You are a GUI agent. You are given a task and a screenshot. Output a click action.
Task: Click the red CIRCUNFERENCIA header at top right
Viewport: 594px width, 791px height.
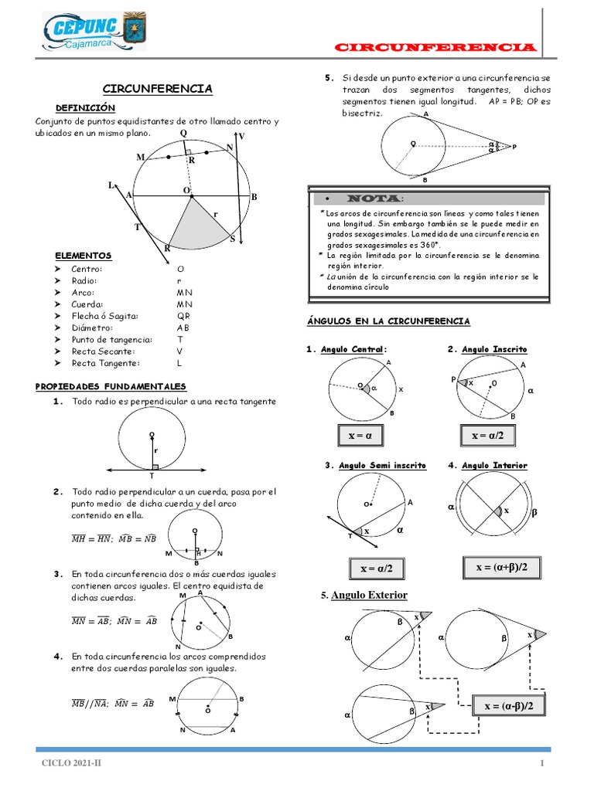coord(435,47)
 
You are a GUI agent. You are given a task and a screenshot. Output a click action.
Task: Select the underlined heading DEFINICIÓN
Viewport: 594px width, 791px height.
coord(85,107)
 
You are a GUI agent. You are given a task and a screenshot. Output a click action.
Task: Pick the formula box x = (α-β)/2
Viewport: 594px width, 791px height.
coord(509,706)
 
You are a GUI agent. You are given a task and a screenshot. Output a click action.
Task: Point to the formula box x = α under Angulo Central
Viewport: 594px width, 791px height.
coord(360,436)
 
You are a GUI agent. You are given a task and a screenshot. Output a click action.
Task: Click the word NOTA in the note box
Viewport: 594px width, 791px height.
coord(374,199)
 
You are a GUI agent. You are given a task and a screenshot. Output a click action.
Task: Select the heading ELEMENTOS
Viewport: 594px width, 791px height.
coord(84,255)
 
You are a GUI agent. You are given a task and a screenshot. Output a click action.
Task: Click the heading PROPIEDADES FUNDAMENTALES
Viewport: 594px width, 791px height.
coord(111,386)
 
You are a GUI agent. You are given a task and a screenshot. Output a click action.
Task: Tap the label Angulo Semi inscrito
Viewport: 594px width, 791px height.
coord(382,465)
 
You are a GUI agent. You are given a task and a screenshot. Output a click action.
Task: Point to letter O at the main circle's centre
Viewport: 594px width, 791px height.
coord(186,190)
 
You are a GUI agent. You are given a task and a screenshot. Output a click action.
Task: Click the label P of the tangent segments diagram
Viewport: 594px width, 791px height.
coord(514,147)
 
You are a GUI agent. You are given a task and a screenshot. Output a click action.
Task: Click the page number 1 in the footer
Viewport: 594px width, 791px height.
coord(542,763)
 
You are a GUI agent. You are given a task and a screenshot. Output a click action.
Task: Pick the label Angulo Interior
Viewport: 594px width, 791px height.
coord(494,465)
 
